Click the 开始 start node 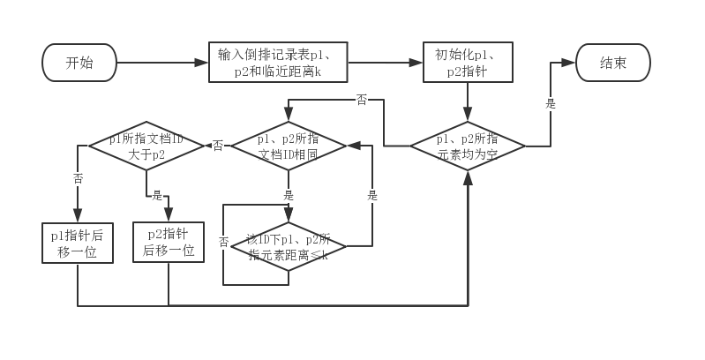coord(79,63)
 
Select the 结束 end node coord(613,63)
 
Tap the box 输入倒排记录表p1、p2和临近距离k coord(278,63)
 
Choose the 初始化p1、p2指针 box coord(468,63)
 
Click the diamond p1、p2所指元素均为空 coord(468,146)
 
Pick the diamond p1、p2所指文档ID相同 coord(289,146)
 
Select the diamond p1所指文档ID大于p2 coord(147,146)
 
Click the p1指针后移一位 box coord(78,243)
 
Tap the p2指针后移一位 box coord(168,242)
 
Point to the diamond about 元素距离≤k coord(289,246)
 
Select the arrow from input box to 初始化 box coord(385,63)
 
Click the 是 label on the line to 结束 coord(551,103)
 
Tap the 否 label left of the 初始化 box coord(362,100)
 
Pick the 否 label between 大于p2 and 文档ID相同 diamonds coord(218,146)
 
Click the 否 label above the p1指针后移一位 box coord(78,178)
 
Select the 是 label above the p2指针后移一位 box coord(158,195)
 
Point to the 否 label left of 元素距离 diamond coord(223,242)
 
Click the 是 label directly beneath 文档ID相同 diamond coord(289,195)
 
